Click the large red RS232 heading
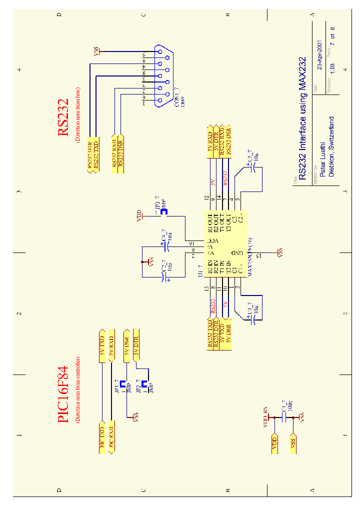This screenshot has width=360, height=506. (x=63, y=118)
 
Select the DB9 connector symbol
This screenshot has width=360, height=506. (x=163, y=76)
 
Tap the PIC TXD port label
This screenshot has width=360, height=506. (x=101, y=439)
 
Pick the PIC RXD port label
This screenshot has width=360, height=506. (x=111, y=439)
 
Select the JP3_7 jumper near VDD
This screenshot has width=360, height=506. (x=163, y=210)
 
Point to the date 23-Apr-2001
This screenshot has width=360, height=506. (x=321, y=55)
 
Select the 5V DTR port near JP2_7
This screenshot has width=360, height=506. (x=135, y=345)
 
